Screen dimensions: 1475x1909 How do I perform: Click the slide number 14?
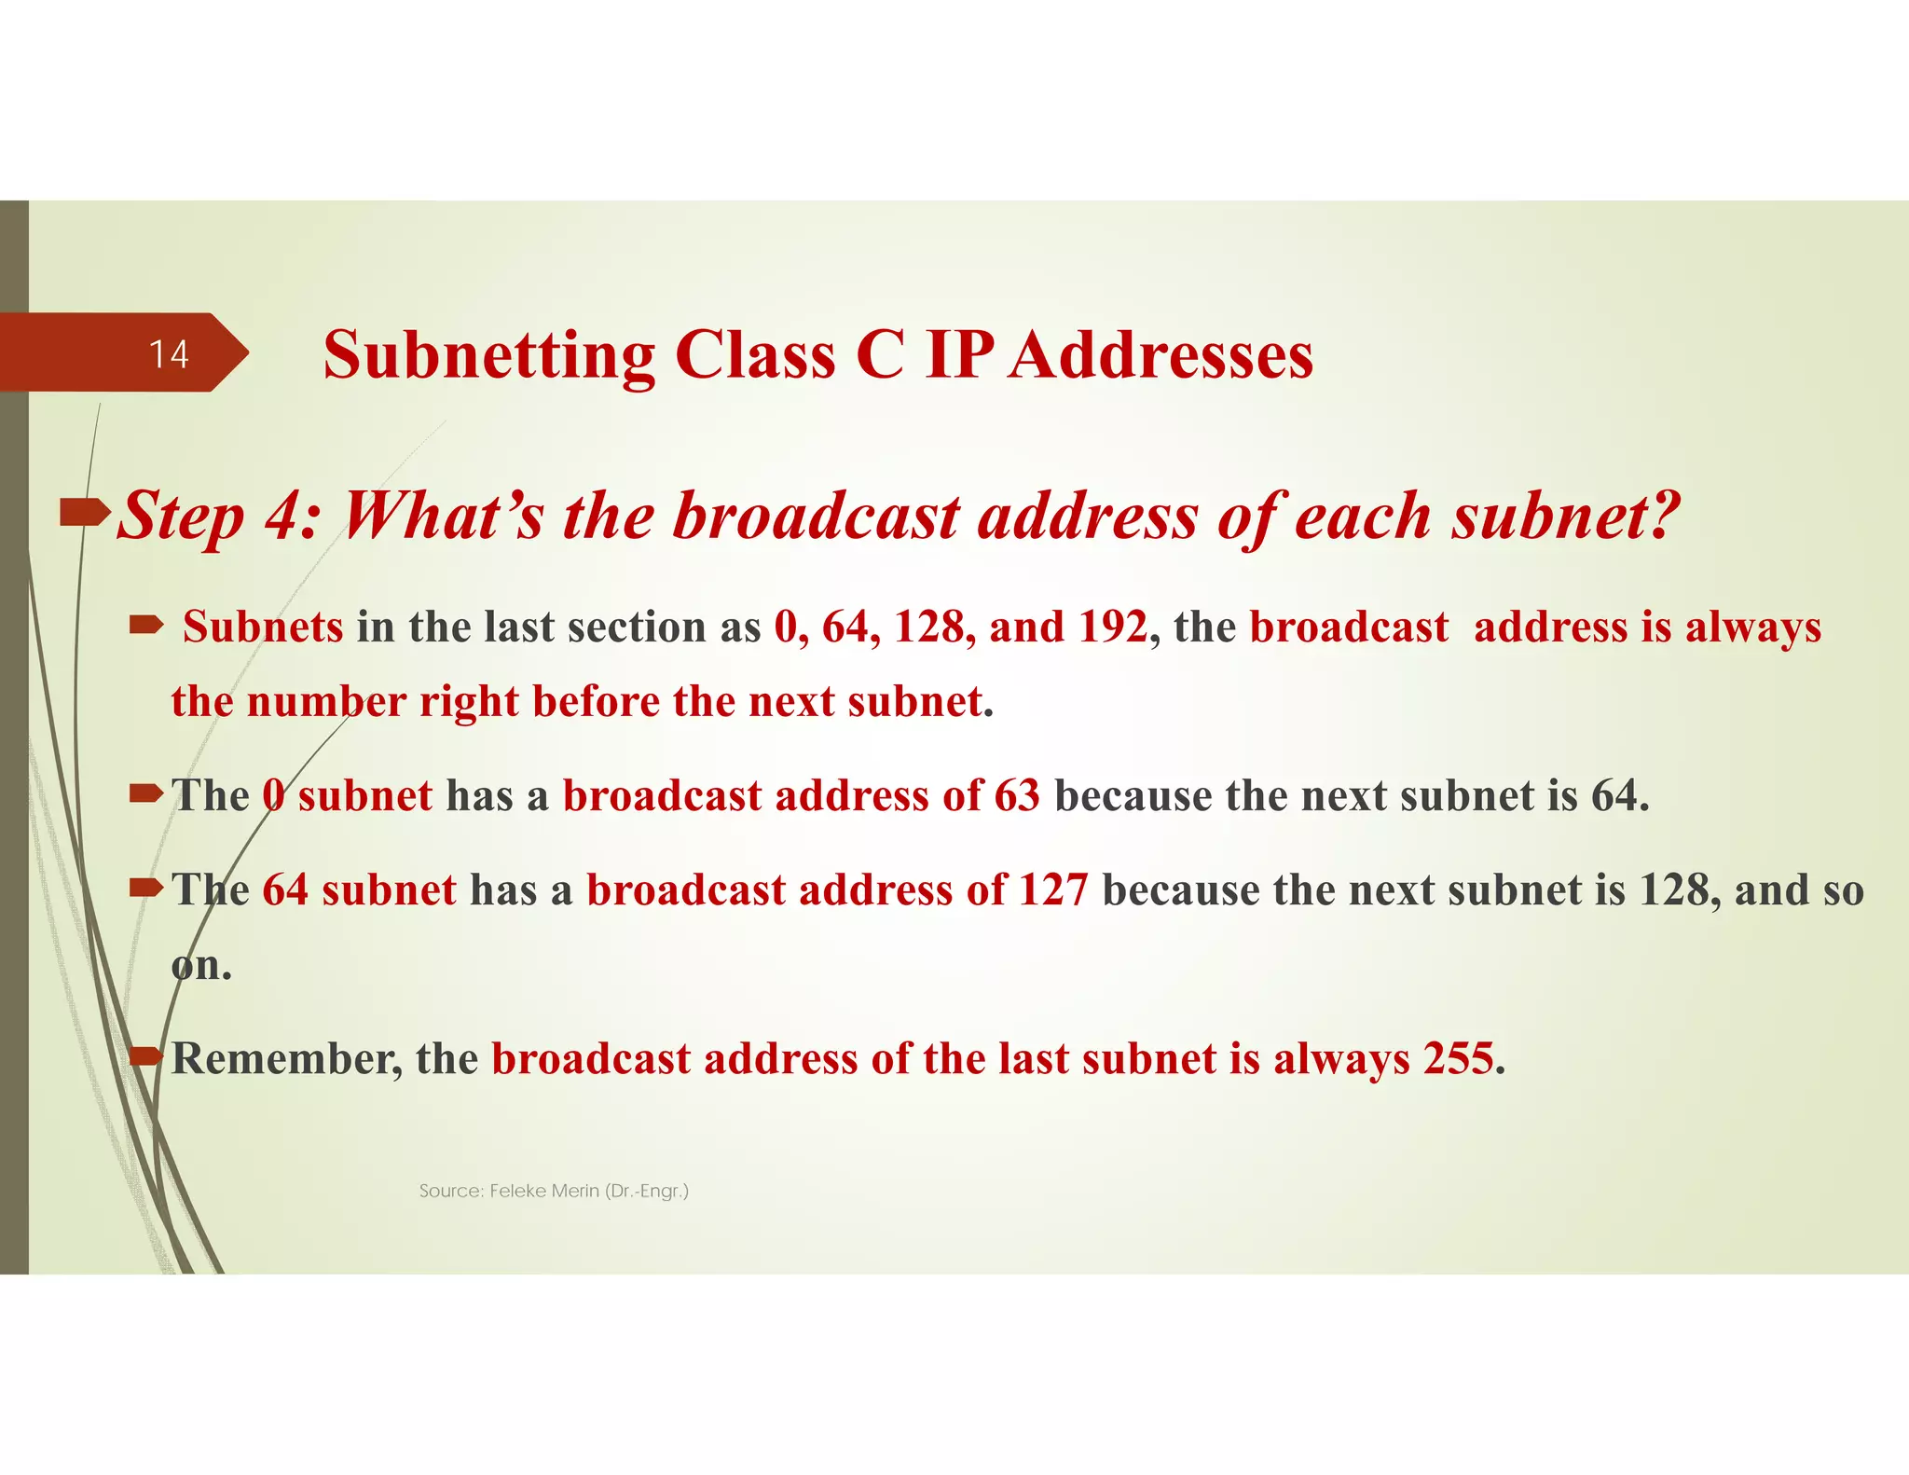click(x=169, y=354)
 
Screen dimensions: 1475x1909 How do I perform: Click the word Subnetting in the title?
click(x=489, y=356)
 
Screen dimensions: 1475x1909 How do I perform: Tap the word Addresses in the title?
click(x=1161, y=356)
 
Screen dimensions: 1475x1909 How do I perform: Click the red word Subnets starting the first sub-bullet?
click(x=263, y=627)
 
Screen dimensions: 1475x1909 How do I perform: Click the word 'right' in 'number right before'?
click(x=469, y=701)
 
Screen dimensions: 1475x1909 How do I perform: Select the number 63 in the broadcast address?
click(x=1017, y=795)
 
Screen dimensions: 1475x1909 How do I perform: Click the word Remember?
click(x=286, y=1059)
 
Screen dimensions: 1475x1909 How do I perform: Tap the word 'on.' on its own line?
click(x=201, y=966)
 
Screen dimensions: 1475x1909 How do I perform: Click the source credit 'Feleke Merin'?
click(x=543, y=1191)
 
